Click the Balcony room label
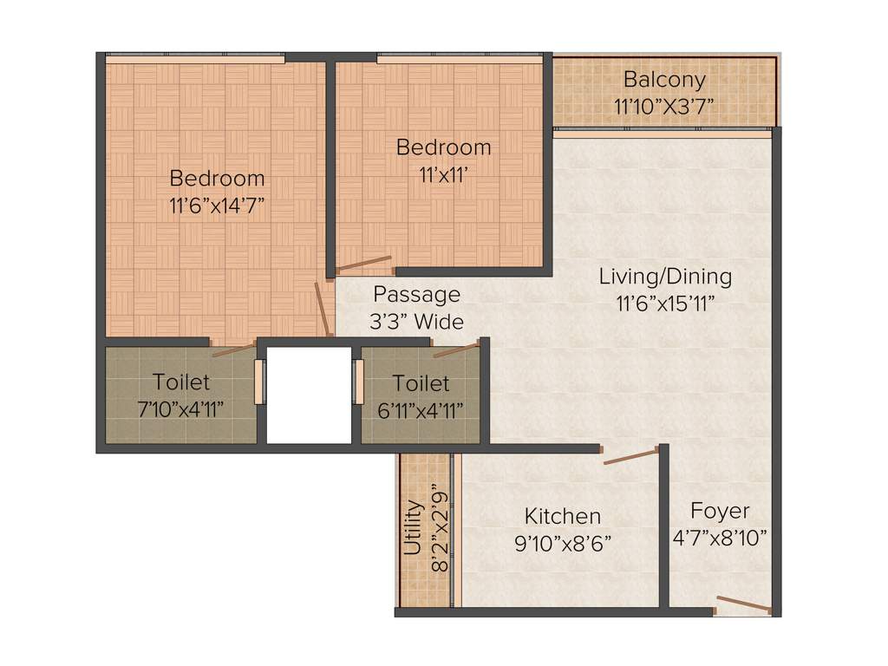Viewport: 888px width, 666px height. (x=664, y=80)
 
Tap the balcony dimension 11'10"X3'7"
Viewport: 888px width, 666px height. (x=664, y=108)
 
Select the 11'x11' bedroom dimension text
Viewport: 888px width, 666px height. (x=443, y=173)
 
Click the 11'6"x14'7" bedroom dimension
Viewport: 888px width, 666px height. (x=217, y=206)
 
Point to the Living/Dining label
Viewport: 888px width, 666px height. (x=665, y=277)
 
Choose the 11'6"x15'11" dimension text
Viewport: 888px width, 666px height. (x=665, y=304)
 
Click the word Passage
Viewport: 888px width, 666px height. (x=416, y=295)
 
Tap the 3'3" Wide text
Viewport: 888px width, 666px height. (x=416, y=322)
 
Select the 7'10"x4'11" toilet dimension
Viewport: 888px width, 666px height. (x=181, y=409)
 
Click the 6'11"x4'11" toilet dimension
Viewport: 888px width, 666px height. (x=421, y=409)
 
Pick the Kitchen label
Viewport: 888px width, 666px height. (x=562, y=517)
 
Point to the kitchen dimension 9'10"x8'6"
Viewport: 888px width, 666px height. (x=562, y=544)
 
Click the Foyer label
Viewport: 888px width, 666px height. (x=720, y=511)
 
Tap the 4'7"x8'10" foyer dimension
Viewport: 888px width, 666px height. (x=720, y=538)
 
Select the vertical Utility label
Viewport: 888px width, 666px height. (x=414, y=527)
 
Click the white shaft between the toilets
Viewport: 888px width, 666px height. (x=308, y=395)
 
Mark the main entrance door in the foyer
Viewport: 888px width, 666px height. (x=743, y=605)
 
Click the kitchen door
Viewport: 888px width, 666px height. (x=631, y=456)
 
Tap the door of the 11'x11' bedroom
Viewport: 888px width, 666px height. (x=363, y=264)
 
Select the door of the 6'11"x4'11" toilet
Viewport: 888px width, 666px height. (x=456, y=350)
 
